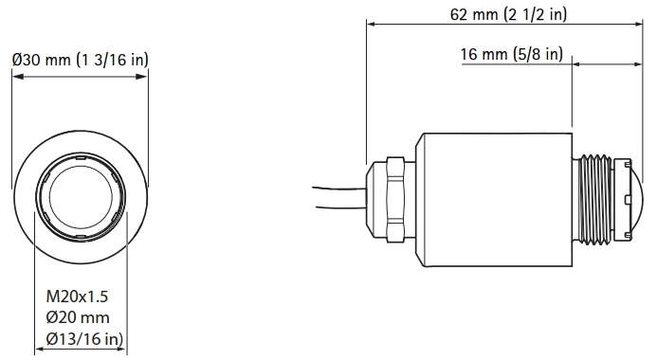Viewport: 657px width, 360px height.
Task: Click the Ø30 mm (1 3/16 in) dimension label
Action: (x=79, y=60)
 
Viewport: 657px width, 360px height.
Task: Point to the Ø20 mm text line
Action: (x=78, y=317)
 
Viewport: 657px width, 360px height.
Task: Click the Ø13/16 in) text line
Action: (x=83, y=338)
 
